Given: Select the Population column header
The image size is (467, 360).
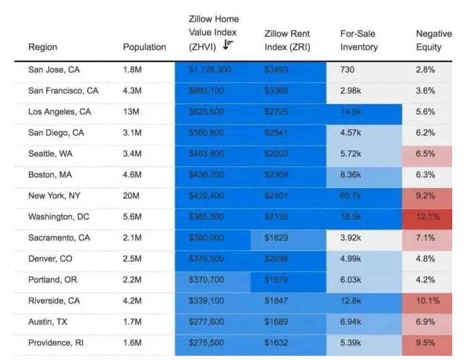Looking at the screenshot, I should click(x=144, y=47).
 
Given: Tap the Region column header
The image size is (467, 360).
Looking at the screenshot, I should click(x=42, y=47).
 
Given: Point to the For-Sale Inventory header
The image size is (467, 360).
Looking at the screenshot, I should click(x=359, y=40).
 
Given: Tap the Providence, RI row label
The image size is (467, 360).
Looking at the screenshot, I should click(x=59, y=343).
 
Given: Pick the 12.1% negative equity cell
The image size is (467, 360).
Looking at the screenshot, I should click(x=428, y=216).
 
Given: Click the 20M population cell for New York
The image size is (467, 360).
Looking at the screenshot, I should click(x=132, y=195).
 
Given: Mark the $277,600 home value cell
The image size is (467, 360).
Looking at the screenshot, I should click(x=208, y=322).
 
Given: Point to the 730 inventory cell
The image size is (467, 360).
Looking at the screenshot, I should click(x=347, y=69).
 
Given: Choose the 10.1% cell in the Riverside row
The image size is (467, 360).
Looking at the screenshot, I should click(x=428, y=301).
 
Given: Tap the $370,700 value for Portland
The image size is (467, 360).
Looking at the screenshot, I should click(x=208, y=279).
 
